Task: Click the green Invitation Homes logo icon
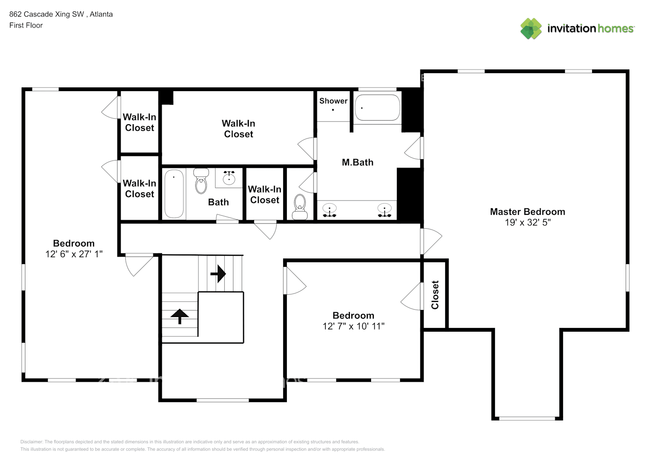pyautogui.click(x=531, y=29)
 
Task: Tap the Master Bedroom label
pyautogui.click(x=527, y=212)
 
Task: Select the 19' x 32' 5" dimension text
pyautogui.click(x=527, y=223)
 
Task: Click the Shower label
pyautogui.click(x=333, y=101)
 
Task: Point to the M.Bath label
pyautogui.click(x=357, y=162)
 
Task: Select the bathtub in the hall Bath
pyautogui.click(x=174, y=193)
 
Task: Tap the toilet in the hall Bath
pyautogui.click(x=201, y=181)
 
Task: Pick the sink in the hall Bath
pyautogui.click(x=229, y=178)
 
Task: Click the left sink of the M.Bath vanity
pyautogui.click(x=330, y=210)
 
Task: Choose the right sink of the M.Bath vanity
pyautogui.click(x=384, y=210)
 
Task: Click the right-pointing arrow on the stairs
pyautogui.click(x=218, y=274)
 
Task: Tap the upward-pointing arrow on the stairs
pyautogui.click(x=180, y=316)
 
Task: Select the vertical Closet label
pyautogui.click(x=435, y=295)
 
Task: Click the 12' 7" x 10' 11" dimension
pyautogui.click(x=353, y=326)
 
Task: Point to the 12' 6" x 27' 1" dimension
pyautogui.click(x=74, y=254)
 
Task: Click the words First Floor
pyautogui.click(x=26, y=25)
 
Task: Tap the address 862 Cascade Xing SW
pyautogui.click(x=46, y=14)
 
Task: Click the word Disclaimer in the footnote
pyautogui.click(x=31, y=442)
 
